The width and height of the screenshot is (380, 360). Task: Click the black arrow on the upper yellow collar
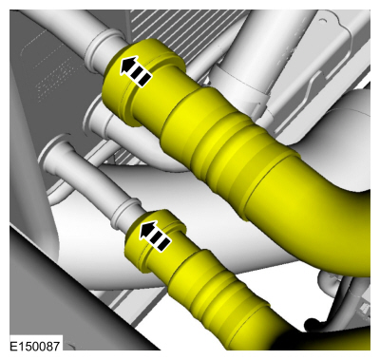(136, 69)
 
